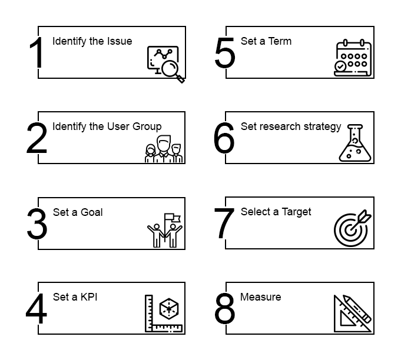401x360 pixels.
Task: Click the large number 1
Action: point(37,53)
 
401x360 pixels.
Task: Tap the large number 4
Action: point(37,309)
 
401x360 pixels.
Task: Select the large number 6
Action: point(224,139)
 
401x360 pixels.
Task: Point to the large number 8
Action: point(224,309)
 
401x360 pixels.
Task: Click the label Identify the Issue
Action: point(92,41)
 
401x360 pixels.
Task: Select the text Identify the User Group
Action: point(107,126)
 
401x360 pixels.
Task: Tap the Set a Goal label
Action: point(78,212)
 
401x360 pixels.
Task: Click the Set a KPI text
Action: point(75,297)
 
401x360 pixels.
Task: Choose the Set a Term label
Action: point(266,41)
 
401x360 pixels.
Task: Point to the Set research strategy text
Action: point(290,126)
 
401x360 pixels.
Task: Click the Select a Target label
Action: point(276,212)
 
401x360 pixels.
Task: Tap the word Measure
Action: point(260,297)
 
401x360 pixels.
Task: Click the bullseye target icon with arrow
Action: point(352,228)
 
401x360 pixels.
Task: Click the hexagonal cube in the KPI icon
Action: point(169,308)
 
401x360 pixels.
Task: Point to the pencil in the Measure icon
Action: point(359,308)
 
